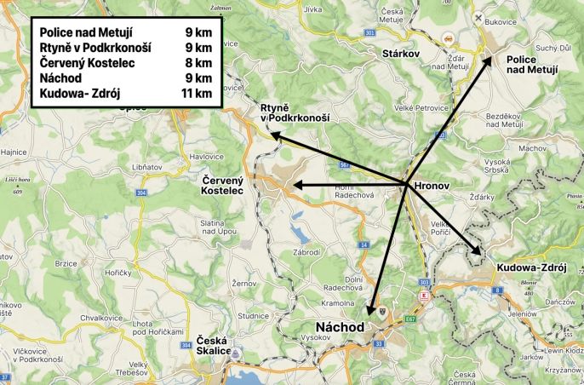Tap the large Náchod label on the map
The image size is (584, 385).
point(337,327)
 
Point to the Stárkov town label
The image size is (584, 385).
point(404,52)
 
